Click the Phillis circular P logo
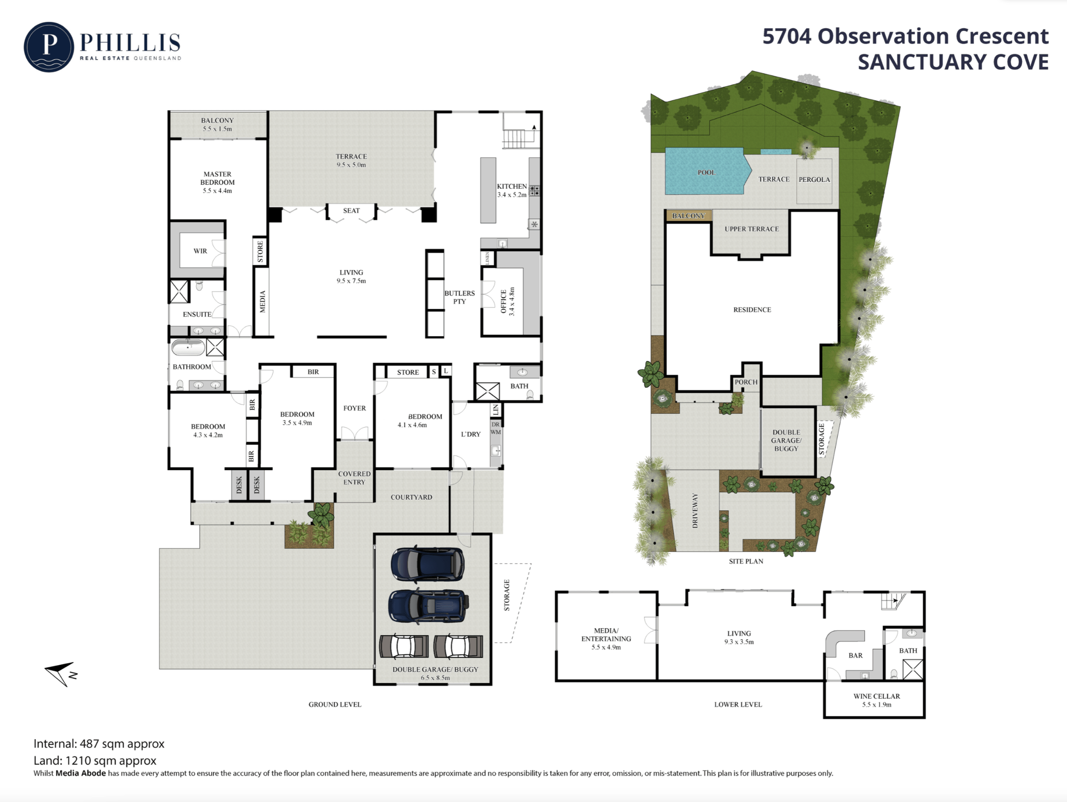tap(49, 47)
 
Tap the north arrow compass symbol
tap(61, 673)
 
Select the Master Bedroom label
tap(218, 178)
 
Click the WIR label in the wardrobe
tap(200, 251)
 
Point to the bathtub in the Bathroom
tap(188, 347)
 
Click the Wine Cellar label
tap(877, 696)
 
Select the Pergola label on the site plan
tap(814, 180)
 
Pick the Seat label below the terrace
tap(351, 211)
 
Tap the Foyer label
tap(355, 408)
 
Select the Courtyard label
tap(411, 497)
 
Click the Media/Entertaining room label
tap(606, 635)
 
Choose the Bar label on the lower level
tap(856, 655)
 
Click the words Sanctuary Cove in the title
tap(953, 62)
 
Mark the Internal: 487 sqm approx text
tap(99, 744)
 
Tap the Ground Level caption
tap(335, 705)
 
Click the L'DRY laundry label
tap(471, 434)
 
